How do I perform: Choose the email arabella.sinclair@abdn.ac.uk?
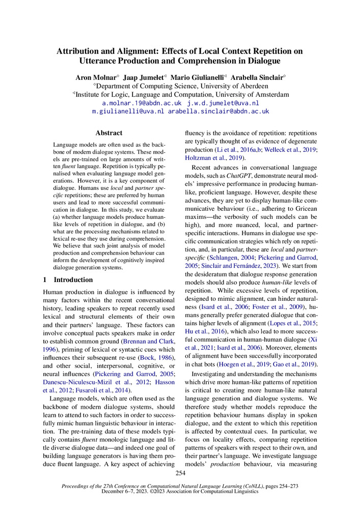pyautogui.click(x=218, y=111)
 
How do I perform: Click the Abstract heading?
pyautogui.click(x=108, y=133)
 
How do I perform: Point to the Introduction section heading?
pyautogui.click(x=73, y=279)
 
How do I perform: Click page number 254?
pyautogui.click(x=180, y=474)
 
